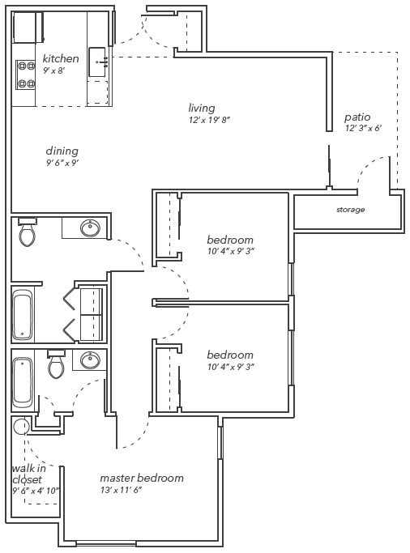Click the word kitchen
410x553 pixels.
tap(61, 58)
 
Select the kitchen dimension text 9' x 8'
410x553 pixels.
tap(53, 70)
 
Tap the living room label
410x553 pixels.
tap(201, 108)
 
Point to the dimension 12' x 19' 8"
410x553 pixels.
tap(209, 120)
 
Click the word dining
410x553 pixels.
tap(62, 151)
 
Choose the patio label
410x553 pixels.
tap(357, 117)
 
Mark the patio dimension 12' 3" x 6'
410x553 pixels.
tap(362, 129)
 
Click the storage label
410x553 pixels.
tap(350, 210)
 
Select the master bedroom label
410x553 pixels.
tap(141, 478)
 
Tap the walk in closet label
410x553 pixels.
tap(28, 474)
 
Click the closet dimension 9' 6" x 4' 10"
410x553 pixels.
tap(35, 491)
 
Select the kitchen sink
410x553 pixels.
tap(99, 60)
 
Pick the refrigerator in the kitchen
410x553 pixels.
tap(28, 27)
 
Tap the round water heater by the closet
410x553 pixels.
tap(21, 427)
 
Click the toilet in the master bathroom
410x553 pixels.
tap(56, 367)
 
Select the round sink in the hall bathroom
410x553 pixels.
tap(91, 228)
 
